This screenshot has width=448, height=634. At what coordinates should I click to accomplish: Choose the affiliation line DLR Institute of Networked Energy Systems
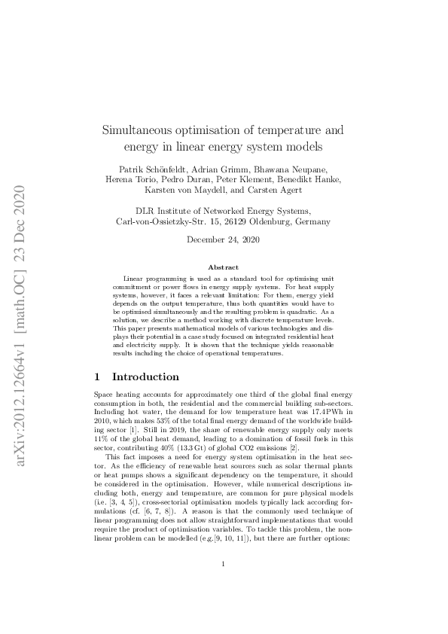[223, 211]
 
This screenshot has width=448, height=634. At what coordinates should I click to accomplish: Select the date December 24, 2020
[223, 240]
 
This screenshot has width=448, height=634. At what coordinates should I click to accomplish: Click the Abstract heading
[223, 267]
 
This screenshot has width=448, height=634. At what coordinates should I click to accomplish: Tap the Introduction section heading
[145, 376]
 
